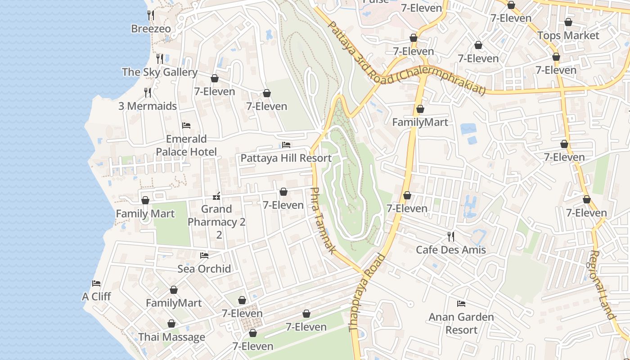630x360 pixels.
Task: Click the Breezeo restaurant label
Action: [x=151, y=29]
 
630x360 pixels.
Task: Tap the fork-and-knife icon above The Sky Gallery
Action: [x=159, y=58]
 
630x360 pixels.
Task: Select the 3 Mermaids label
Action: [x=148, y=106]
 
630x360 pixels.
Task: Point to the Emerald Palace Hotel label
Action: [x=186, y=145]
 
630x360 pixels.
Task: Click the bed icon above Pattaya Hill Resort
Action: [x=286, y=145]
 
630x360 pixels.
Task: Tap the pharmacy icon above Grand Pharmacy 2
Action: [x=216, y=196]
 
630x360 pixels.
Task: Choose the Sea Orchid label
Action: [x=204, y=269]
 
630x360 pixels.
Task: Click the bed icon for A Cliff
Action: [x=96, y=283]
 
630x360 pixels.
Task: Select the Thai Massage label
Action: [x=171, y=337]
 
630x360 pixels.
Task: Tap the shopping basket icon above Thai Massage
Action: [x=171, y=324]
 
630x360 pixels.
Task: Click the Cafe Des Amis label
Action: [x=451, y=250]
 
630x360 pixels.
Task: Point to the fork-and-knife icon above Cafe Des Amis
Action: [x=450, y=236]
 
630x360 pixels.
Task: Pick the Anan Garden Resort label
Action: [x=461, y=323]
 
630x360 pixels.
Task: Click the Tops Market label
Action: [x=568, y=35]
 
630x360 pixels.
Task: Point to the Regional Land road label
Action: [x=602, y=284]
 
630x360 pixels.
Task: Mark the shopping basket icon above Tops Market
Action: [x=568, y=22]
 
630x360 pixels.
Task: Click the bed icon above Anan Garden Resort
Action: [x=461, y=304]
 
